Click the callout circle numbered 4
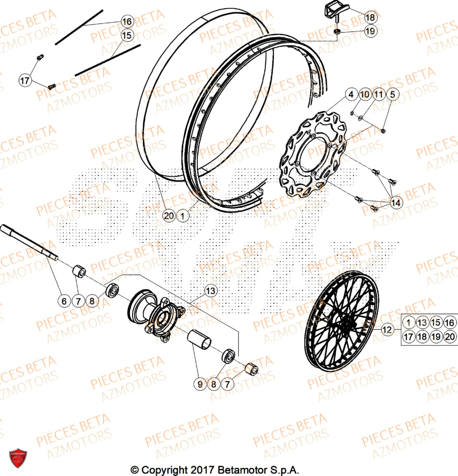(x=351, y=94)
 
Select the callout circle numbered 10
(x=365, y=94)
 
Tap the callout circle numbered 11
(x=378, y=94)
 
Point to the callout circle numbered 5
(x=392, y=94)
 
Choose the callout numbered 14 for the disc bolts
(x=396, y=203)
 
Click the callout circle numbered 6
(x=64, y=301)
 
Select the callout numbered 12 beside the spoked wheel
(x=387, y=329)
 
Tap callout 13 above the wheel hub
(x=211, y=289)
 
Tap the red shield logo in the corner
(x=18, y=458)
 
